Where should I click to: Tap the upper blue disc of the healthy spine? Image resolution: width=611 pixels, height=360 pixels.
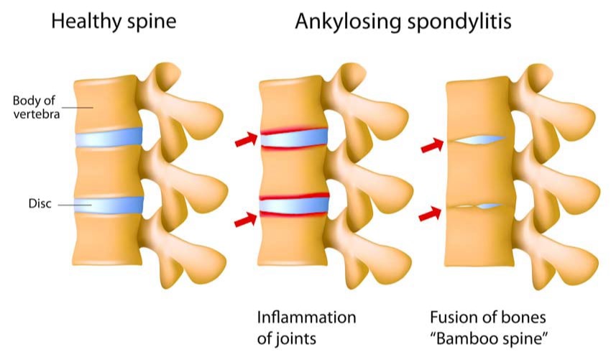(109, 137)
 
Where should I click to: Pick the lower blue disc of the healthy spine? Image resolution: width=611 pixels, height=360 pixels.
(109, 203)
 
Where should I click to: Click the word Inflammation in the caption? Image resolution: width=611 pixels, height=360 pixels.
(307, 318)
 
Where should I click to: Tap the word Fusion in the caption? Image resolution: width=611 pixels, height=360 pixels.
(451, 318)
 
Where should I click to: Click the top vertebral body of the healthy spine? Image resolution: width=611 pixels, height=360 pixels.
(108, 101)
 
